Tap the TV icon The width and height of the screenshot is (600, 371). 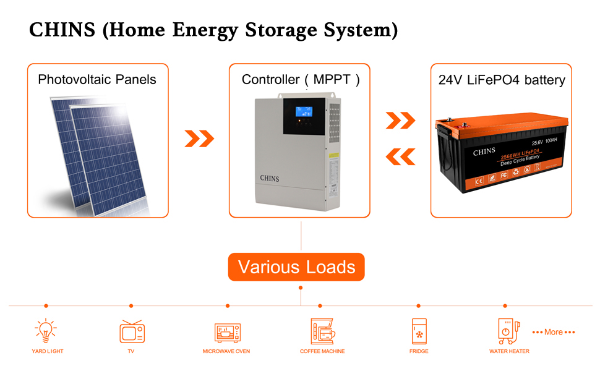[x=132, y=331]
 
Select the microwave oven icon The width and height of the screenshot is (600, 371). [x=227, y=333]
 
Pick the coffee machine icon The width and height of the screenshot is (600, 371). [x=322, y=331]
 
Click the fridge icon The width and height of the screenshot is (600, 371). [x=419, y=331]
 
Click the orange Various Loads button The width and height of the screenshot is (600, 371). [x=296, y=267]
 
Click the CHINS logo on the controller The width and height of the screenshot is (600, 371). [x=269, y=179]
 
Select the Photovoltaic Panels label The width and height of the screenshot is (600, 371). [x=97, y=80]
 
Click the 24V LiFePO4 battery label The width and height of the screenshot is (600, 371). [x=501, y=80]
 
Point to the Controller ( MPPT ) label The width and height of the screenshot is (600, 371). [x=300, y=80]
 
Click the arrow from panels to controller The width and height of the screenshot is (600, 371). [x=199, y=139]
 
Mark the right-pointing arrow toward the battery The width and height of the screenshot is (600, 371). [x=400, y=121]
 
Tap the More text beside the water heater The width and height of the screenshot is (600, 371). [x=554, y=332]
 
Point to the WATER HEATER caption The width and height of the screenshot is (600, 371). [x=508, y=351]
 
